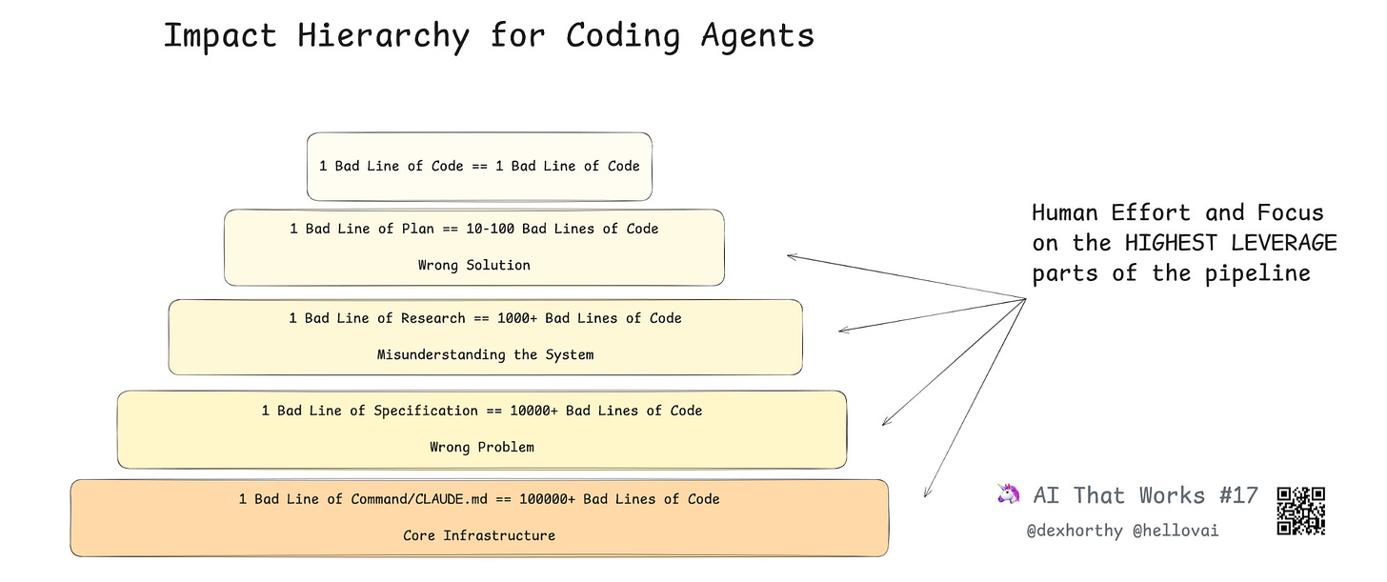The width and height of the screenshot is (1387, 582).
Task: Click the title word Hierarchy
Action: [384, 36]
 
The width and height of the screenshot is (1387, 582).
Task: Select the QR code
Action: [1301, 510]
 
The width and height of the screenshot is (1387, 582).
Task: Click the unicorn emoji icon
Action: [1007, 494]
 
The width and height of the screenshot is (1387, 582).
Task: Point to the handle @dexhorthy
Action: [1075, 531]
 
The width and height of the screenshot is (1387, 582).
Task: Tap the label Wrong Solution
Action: [473, 265]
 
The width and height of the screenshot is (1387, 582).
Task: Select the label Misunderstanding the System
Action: [485, 354]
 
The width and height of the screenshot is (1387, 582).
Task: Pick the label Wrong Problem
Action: [481, 447]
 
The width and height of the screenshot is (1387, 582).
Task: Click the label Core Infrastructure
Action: [478, 535]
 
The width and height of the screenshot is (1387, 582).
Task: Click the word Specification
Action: [425, 411]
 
